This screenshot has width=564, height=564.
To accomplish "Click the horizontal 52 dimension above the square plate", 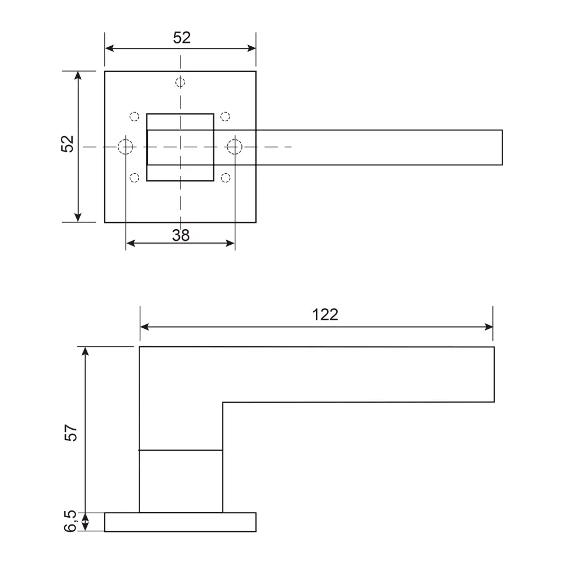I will (182, 38).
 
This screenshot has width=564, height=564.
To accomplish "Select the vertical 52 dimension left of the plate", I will (68, 143).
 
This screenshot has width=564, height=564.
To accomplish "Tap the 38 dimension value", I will (180, 235).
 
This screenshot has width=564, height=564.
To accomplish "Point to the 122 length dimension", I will (325, 315).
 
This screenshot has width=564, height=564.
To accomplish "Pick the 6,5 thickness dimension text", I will (70, 522).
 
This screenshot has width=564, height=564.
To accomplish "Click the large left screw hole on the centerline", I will (126, 147).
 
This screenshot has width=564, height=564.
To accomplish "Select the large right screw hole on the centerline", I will (234, 147).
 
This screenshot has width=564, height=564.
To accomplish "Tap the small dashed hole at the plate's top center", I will (180, 82).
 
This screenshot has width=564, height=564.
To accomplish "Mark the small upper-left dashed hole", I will (134, 117).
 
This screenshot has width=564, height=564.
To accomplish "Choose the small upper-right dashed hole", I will (225, 117).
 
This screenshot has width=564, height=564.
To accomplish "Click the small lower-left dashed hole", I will (134, 178).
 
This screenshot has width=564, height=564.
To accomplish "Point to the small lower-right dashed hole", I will (226, 178).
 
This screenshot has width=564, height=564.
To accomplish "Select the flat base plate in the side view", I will (180, 522).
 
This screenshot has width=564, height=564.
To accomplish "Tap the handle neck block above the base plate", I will (180, 481).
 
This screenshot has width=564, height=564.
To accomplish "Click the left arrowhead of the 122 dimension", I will (144, 327).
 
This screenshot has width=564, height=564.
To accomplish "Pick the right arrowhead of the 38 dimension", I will (231, 243).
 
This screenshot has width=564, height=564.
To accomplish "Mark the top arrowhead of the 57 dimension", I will (85, 351).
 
